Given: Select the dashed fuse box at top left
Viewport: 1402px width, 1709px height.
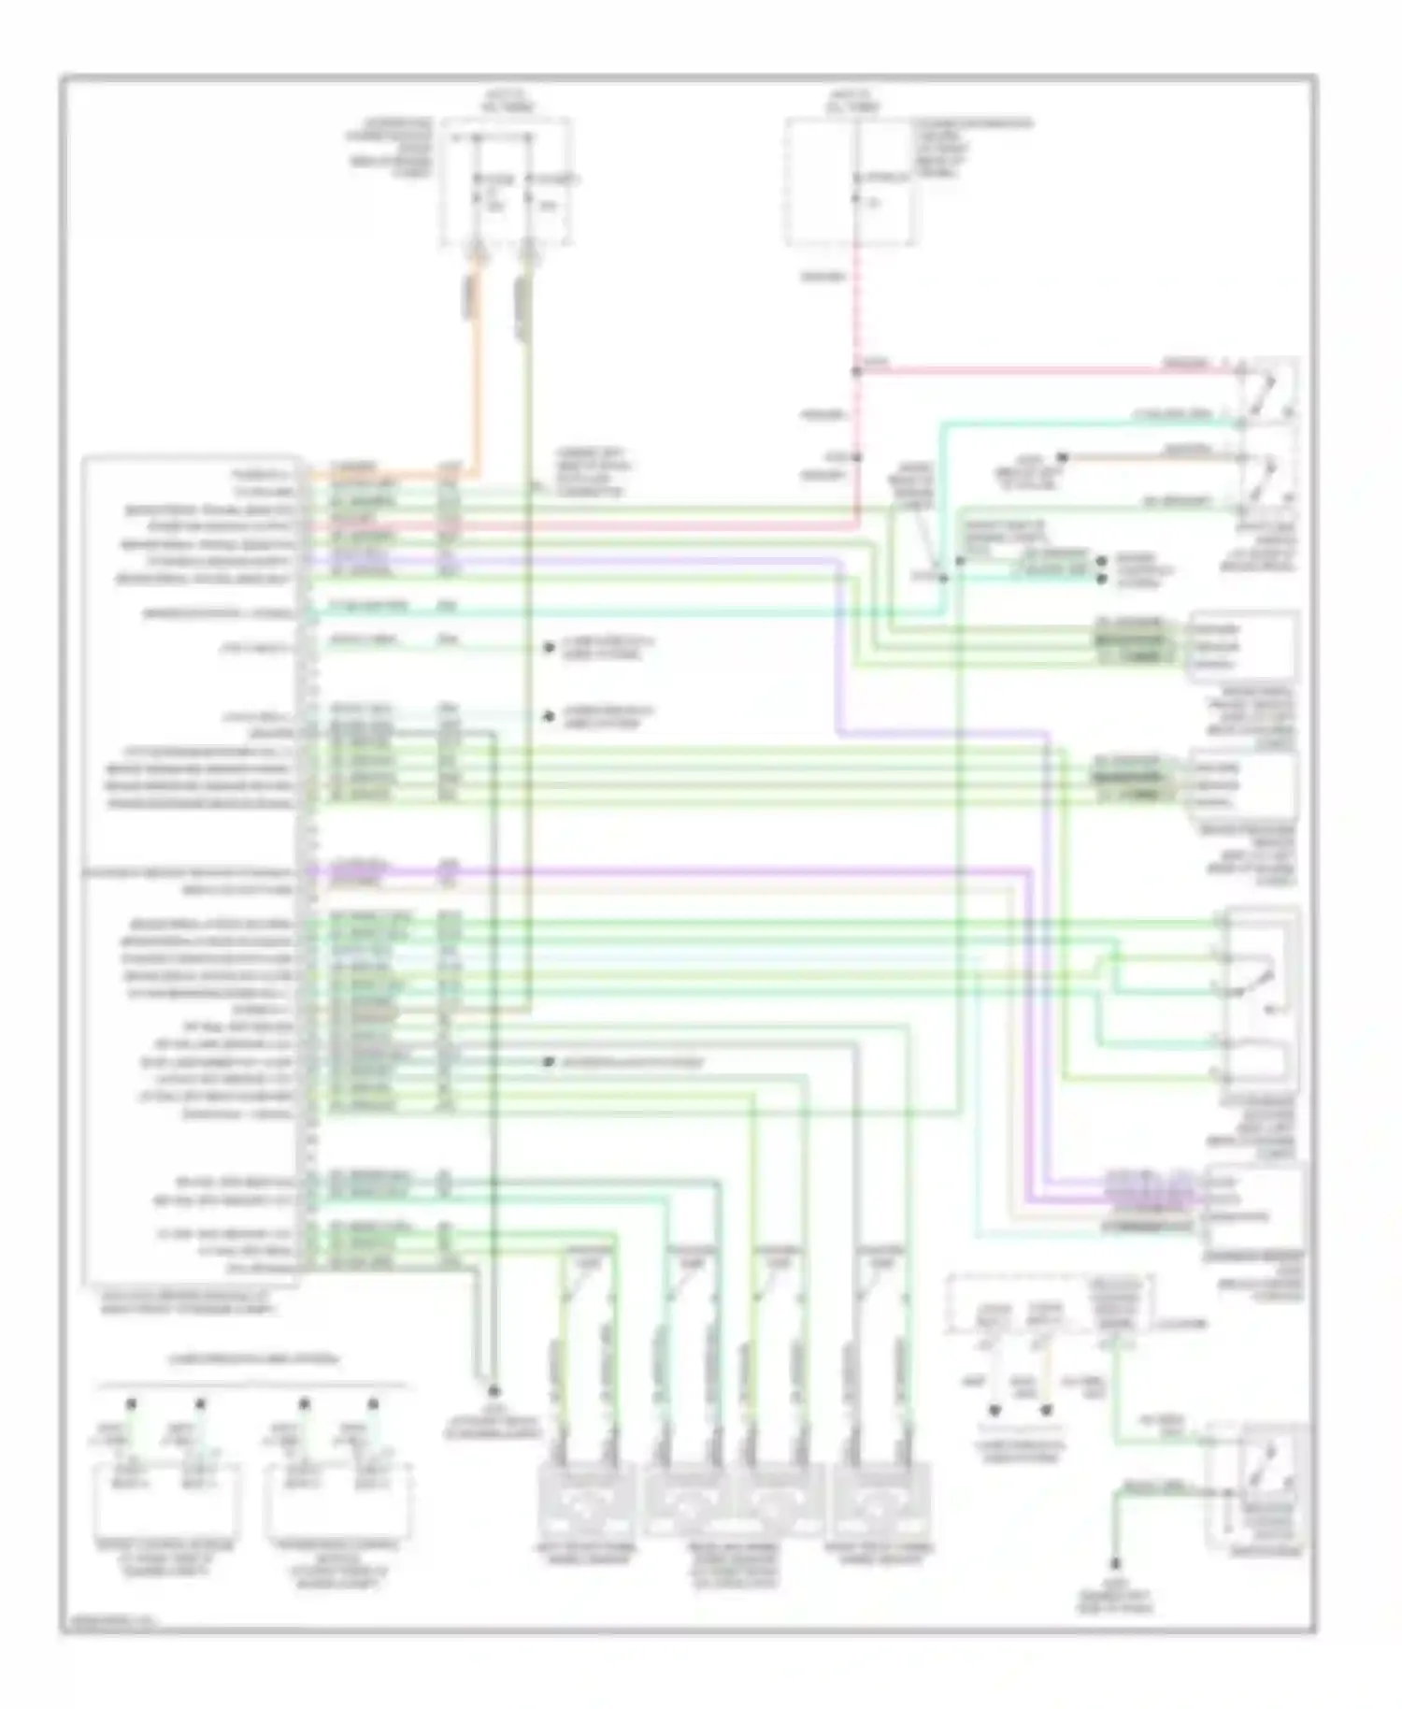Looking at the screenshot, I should click(506, 182).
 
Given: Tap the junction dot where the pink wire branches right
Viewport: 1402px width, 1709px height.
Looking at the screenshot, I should click(856, 371).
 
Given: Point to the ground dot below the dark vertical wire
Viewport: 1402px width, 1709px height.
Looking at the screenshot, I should click(493, 1391).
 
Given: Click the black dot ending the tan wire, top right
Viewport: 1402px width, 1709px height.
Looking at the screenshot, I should click(1062, 457).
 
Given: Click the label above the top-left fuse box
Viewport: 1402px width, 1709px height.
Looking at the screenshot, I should click(507, 101).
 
